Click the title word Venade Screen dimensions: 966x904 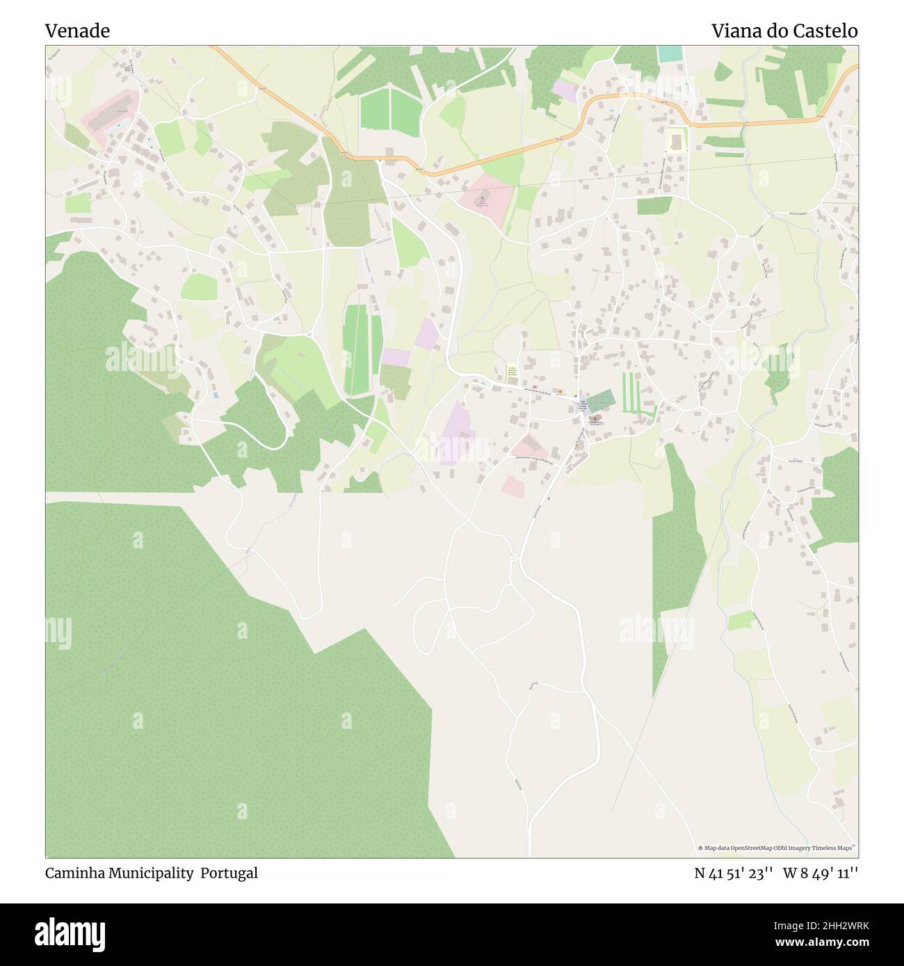pyautogui.click(x=77, y=31)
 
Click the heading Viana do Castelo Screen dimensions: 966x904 pyautogui.click(x=784, y=31)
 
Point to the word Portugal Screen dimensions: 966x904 pyautogui.click(x=229, y=873)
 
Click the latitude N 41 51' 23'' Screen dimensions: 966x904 pyautogui.click(x=734, y=873)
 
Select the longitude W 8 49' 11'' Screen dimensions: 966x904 pyautogui.click(x=821, y=873)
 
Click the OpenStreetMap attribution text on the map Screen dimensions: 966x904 pyautogui.click(x=777, y=848)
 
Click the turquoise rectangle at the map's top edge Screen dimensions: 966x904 pyautogui.click(x=670, y=53)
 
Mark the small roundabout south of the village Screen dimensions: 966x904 pyautogui.click(x=515, y=556)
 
